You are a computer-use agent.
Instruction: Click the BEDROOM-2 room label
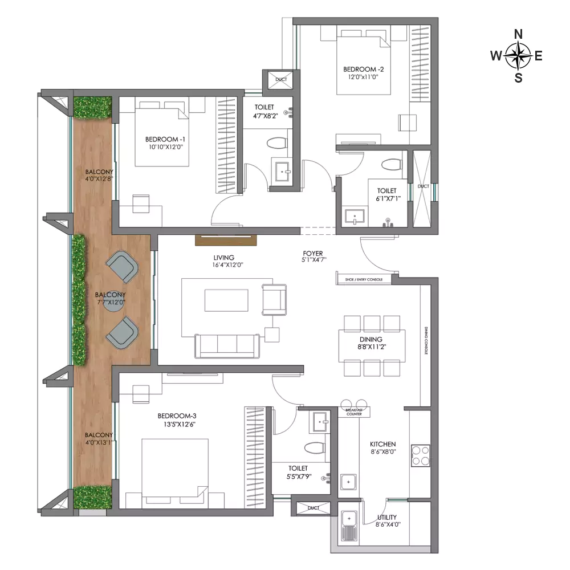point(364,69)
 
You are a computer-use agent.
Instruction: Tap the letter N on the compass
point(518,34)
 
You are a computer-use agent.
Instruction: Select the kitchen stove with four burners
point(421,455)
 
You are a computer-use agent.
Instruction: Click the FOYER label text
point(312,254)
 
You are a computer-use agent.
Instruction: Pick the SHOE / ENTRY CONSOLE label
point(364,279)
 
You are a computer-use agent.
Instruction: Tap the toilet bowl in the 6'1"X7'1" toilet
point(391,165)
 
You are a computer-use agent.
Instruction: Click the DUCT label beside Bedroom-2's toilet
point(423,186)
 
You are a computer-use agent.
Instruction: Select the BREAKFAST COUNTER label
point(354,412)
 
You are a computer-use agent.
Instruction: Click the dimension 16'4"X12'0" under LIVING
point(227,265)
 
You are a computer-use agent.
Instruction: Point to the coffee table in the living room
point(226,300)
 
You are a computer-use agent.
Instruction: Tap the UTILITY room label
point(387,517)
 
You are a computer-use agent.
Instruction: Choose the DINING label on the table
point(371,339)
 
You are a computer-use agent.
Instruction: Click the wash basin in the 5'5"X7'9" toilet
point(320,422)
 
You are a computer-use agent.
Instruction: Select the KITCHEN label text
point(383,444)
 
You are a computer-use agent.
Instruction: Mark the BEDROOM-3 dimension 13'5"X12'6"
point(177,424)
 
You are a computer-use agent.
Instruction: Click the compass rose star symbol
point(518,56)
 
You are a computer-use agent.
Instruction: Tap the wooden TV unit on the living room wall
point(226,241)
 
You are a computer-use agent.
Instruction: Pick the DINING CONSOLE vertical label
point(426,341)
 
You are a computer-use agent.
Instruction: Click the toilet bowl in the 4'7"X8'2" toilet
point(276,143)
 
